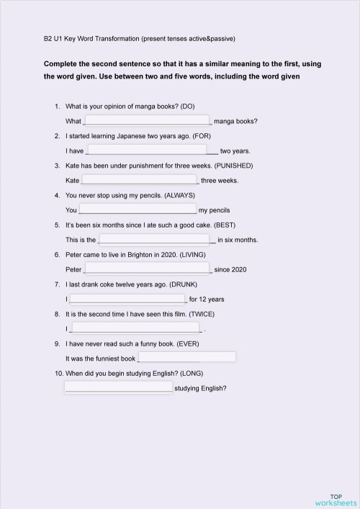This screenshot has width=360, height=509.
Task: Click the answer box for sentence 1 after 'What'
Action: click(x=147, y=120)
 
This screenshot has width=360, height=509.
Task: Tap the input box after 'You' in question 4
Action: click(x=137, y=209)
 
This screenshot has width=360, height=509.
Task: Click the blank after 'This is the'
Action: click(x=155, y=239)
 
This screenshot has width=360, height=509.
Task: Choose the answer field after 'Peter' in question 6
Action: click(x=148, y=269)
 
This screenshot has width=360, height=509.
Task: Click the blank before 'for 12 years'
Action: click(x=127, y=298)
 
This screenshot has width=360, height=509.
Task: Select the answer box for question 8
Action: click(x=136, y=328)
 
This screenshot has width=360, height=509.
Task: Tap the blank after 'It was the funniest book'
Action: click(x=186, y=357)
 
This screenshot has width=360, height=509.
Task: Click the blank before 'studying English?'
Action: click(x=119, y=387)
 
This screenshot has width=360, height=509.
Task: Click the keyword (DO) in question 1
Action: click(x=186, y=107)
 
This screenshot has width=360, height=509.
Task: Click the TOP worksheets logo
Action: click(x=335, y=499)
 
